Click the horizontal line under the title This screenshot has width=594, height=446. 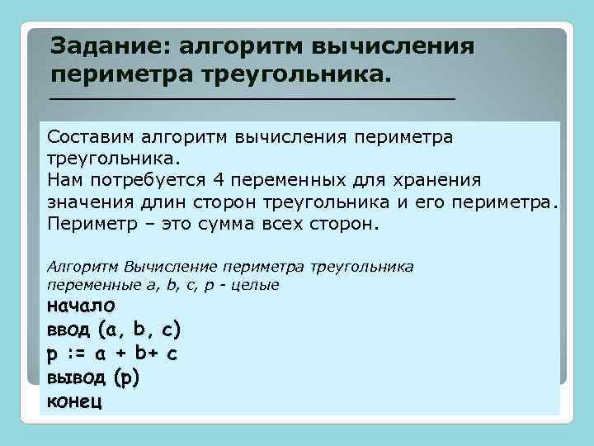252,98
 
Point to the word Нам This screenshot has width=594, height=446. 64,179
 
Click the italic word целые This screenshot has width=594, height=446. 257,285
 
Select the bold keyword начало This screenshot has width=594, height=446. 81,306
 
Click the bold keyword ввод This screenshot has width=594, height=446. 69,330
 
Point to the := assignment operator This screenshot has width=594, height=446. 76,354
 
